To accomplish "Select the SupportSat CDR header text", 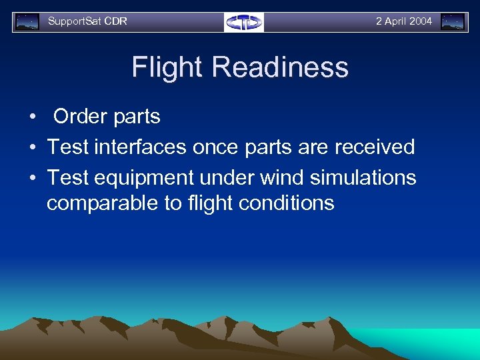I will point(87,21).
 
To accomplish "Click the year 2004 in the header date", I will point(420,21).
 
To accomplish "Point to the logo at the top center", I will point(244,22).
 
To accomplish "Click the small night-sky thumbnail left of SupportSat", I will point(27,22).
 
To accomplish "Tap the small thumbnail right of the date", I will point(453,22).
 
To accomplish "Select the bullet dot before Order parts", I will point(32,117).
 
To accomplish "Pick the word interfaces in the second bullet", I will point(140,147).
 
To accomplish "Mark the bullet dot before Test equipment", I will point(32,179).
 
